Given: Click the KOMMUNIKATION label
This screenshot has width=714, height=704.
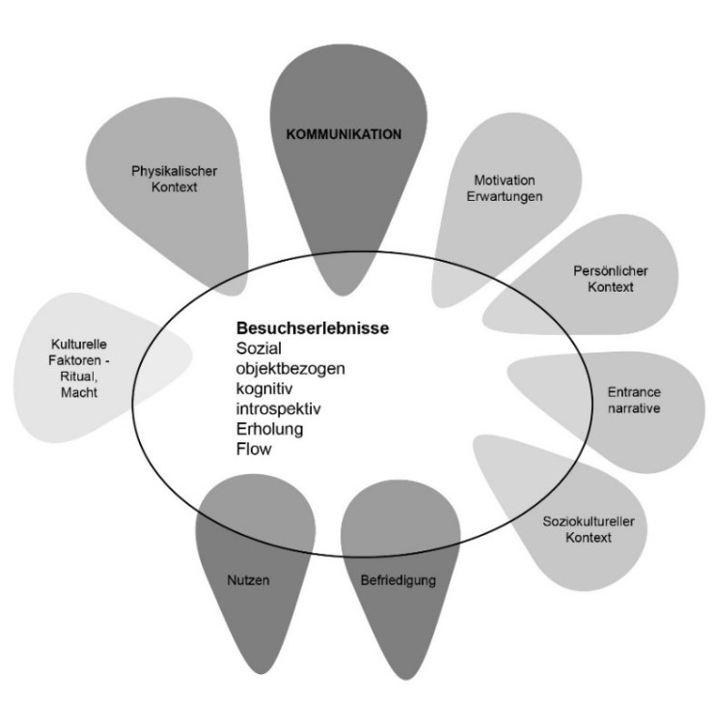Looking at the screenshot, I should (343, 134).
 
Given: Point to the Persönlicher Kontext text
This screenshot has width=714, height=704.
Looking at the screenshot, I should (595, 279).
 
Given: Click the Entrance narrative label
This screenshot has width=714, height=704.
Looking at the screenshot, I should (634, 401).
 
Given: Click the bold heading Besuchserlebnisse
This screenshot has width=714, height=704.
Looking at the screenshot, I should (313, 328).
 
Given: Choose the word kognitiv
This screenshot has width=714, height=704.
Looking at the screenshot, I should (265, 388).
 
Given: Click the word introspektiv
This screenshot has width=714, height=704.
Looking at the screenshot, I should (279, 408).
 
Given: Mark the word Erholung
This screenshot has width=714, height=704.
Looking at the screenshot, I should (270, 428).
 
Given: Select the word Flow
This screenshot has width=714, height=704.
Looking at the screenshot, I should (254, 448).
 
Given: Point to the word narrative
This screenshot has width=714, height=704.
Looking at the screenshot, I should (634, 408).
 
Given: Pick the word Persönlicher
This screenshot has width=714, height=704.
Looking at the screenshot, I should (595, 271).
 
